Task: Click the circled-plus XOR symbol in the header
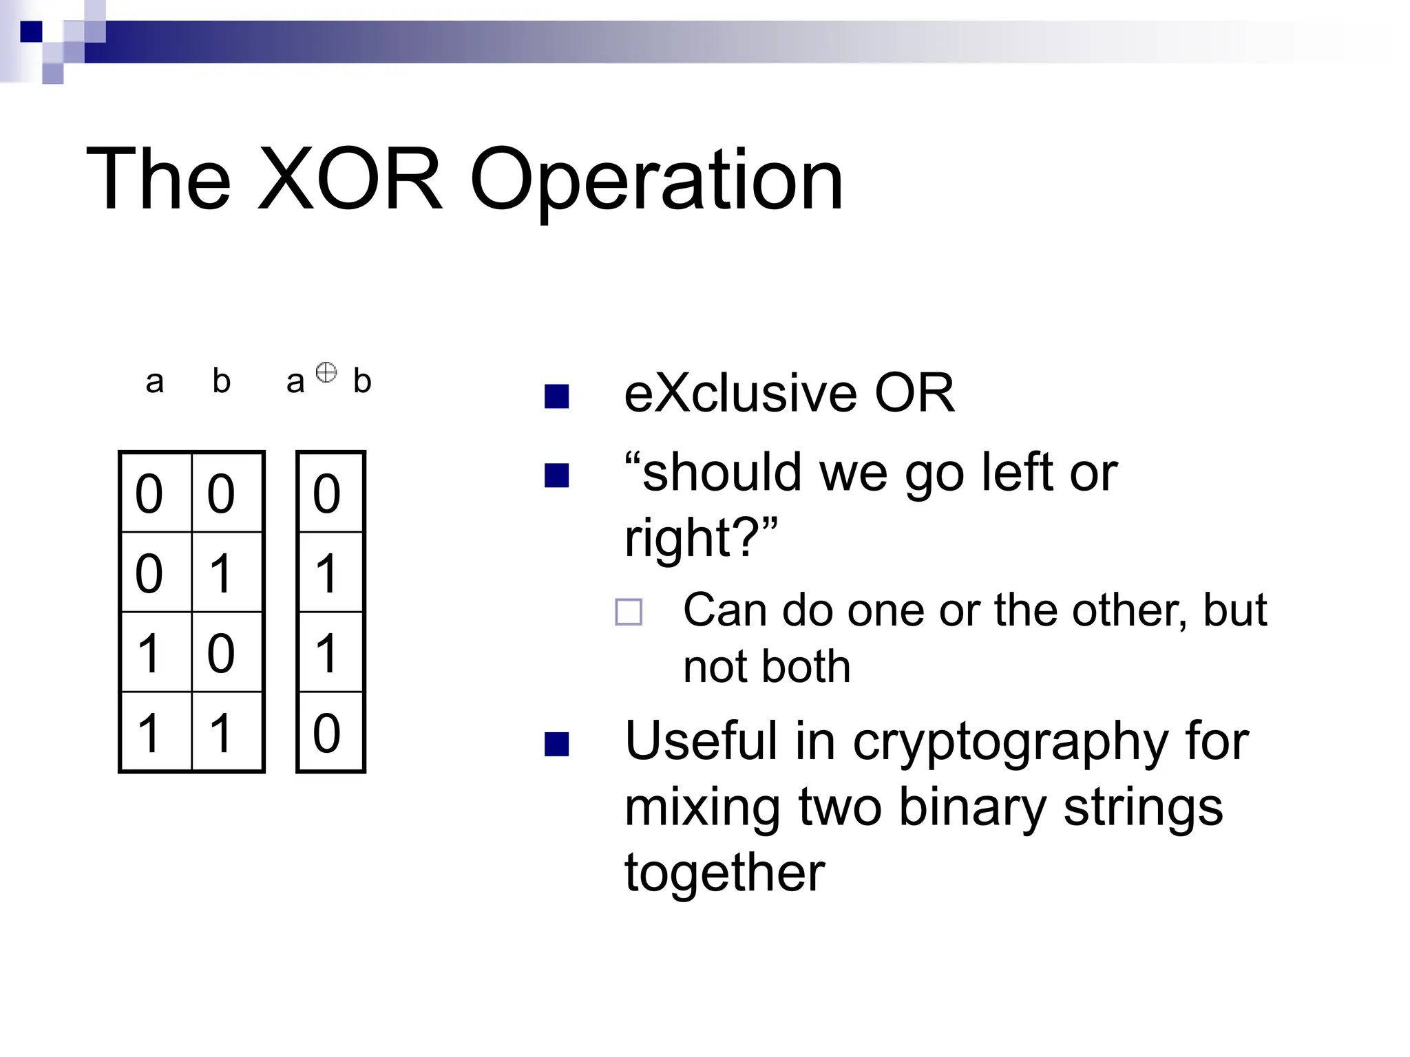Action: pyautogui.click(x=326, y=372)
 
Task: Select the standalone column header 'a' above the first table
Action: pyautogui.click(x=155, y=382)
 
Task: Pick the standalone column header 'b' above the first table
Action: pyautogui.click(x=221, y=381)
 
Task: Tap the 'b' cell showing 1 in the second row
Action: pyautogui.click(x=221, y=573)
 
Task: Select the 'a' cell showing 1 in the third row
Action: pyautogui.click(x=149, y=652)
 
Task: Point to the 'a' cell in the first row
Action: pyautogui.click(x=149, y=493)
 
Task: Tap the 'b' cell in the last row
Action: pyautogui.click(x=221, y=732)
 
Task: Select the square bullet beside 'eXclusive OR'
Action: pyautogui.click(x=556, y=396)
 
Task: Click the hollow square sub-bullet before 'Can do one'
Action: pyautogui.click(x=628, y=611)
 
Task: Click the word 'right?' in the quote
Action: pyautogui.click(x=699, y=538)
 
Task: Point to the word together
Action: pyautogui.click(x=724, y=873)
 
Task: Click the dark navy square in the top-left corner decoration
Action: pyautogui.click(x=31, y=32)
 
